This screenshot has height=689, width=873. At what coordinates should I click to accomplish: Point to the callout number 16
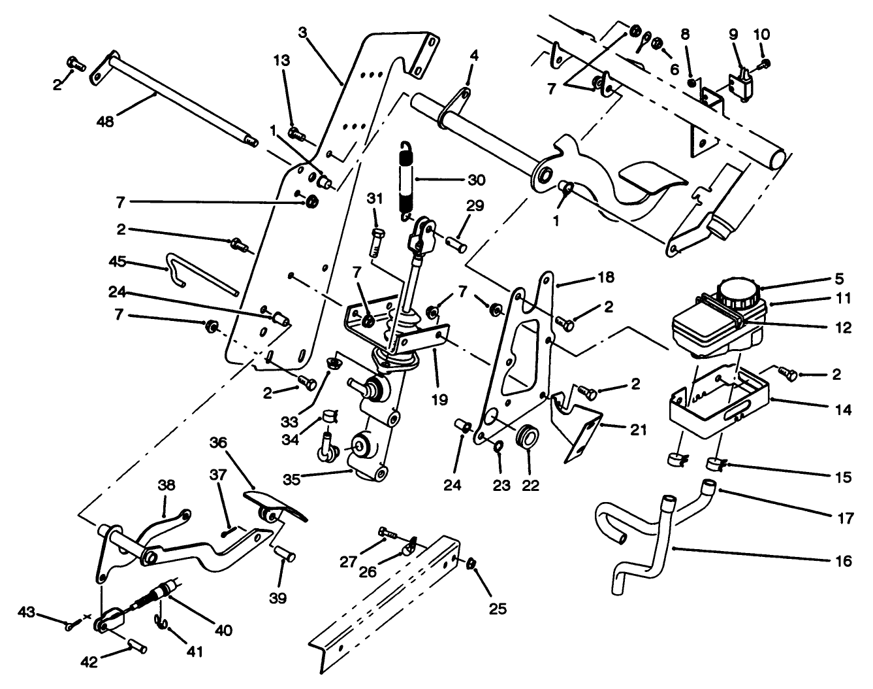tap(843, 561)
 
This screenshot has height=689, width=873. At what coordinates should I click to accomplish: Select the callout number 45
tap(118, 262)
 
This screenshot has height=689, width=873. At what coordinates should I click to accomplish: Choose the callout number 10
tap(762, 33)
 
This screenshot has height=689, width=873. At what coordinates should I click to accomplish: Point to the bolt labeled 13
tap(297, 134)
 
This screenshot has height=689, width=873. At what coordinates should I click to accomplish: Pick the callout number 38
tap(167, 484)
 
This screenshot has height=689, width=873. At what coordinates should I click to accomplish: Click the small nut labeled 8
tap(691, 82)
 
